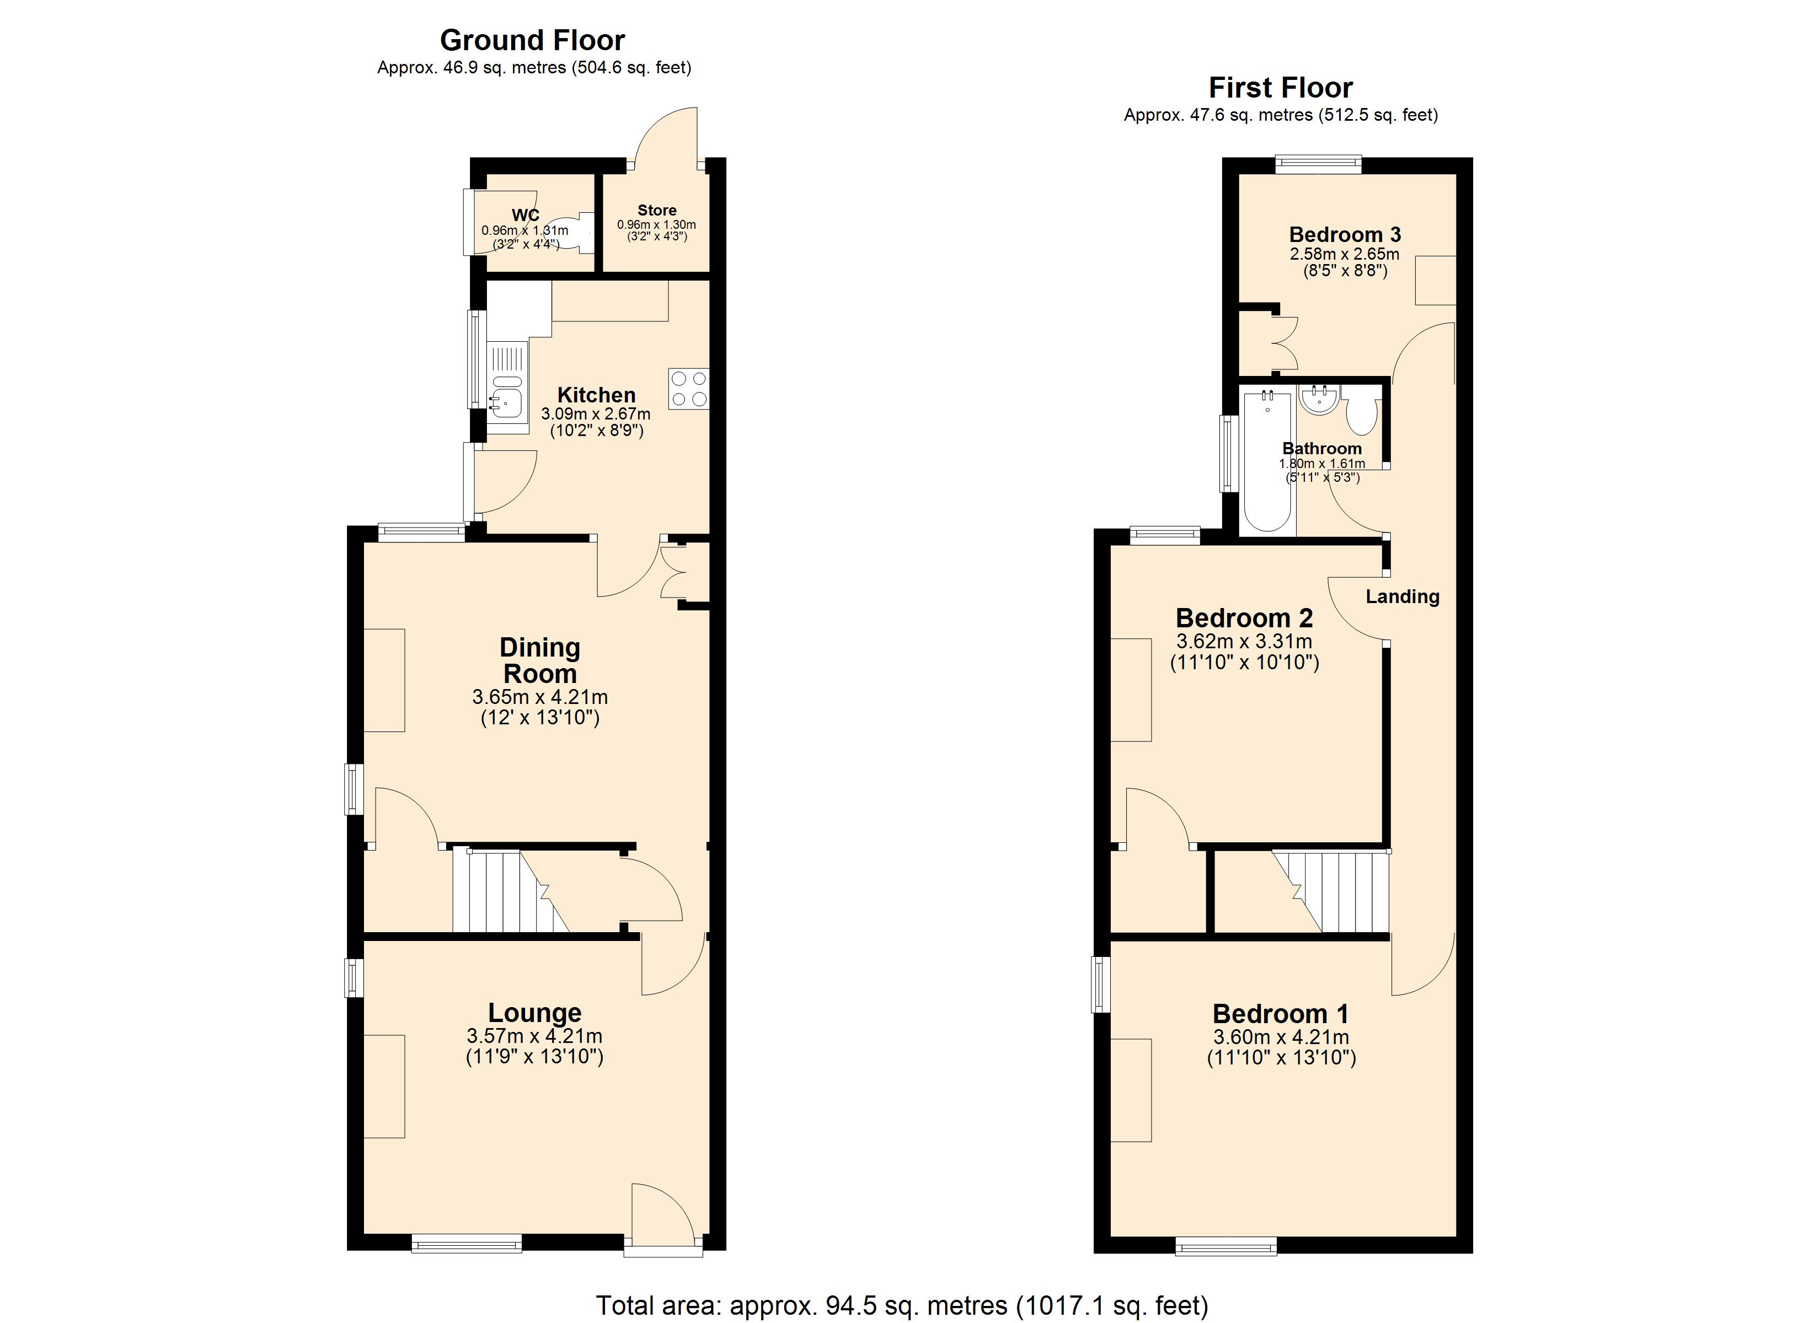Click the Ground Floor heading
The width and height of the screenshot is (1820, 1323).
tap(532, 40)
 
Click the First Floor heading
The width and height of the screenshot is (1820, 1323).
tap(1281, 88)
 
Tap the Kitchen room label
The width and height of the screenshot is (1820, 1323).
tap(596, 395)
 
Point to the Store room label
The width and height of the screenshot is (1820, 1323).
tap(656, 210)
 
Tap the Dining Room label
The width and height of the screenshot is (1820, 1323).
tap(539, 660)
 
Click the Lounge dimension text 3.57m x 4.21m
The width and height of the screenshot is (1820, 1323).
tap(534, 1036)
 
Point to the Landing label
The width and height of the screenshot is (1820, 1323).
tap(1403, 596)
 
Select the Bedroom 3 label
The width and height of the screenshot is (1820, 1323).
tap(1345, 234)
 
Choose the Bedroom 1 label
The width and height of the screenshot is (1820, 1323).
tap(1281, 1013)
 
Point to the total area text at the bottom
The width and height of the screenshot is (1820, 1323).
tap(902, 1305)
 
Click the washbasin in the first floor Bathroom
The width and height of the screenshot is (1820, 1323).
tap(1319, 400)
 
